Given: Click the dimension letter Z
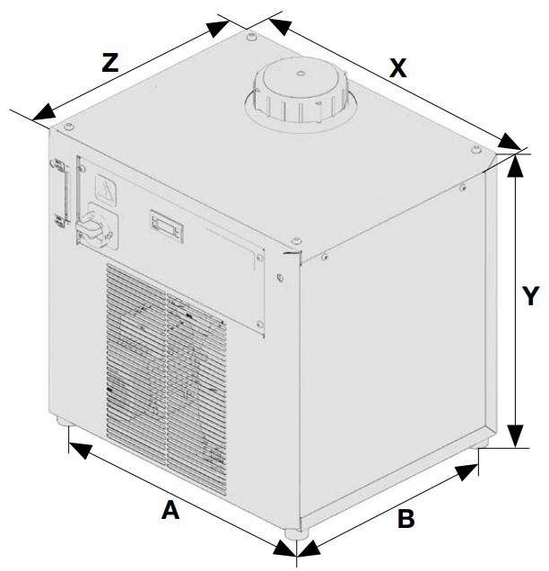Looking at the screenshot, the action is pos(109,63).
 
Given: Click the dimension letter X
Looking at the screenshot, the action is pos(397,68).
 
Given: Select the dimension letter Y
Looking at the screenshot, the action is pos(530,296).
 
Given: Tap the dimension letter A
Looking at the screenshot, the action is pos(170,510).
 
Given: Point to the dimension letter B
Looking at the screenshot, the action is pos(406,519).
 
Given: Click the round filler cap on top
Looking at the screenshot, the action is pos(301,91).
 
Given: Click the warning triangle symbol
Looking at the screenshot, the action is pos(106,190).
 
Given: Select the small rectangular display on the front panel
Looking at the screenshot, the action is pos(167,226).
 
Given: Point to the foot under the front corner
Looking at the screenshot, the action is pos(297,534).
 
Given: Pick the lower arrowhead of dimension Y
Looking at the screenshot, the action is pos(515,436).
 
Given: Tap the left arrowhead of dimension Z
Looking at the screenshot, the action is pos(44,112).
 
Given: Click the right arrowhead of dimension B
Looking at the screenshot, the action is pos(466,472).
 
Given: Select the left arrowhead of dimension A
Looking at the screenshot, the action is pos(80,450).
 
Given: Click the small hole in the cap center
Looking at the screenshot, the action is pos(301,74).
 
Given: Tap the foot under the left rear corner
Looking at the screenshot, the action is pos(65,421).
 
